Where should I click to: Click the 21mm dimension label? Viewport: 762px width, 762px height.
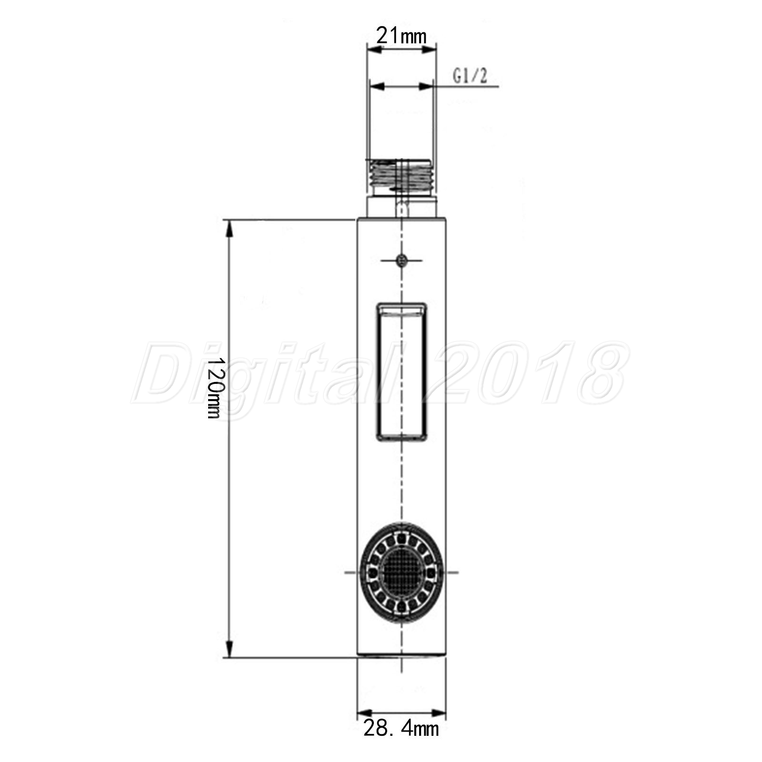tap(401, 36)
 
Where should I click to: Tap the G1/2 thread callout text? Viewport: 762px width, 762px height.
tap(470, 75)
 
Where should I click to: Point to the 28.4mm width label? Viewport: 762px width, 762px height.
tap(401, 741)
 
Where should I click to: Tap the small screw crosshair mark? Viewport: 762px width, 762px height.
tap(402, 260)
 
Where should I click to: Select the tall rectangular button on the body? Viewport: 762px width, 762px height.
tap(402, 371)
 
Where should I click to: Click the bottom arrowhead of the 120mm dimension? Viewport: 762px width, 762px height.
tap(230, 649)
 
